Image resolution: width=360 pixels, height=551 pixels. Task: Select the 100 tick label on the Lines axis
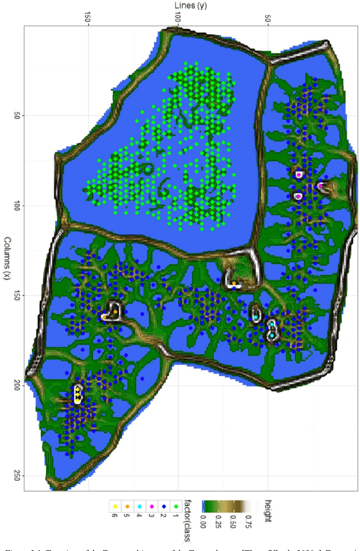(x=177, y=17)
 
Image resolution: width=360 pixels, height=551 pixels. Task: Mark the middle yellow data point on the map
(x=77, y=394)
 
